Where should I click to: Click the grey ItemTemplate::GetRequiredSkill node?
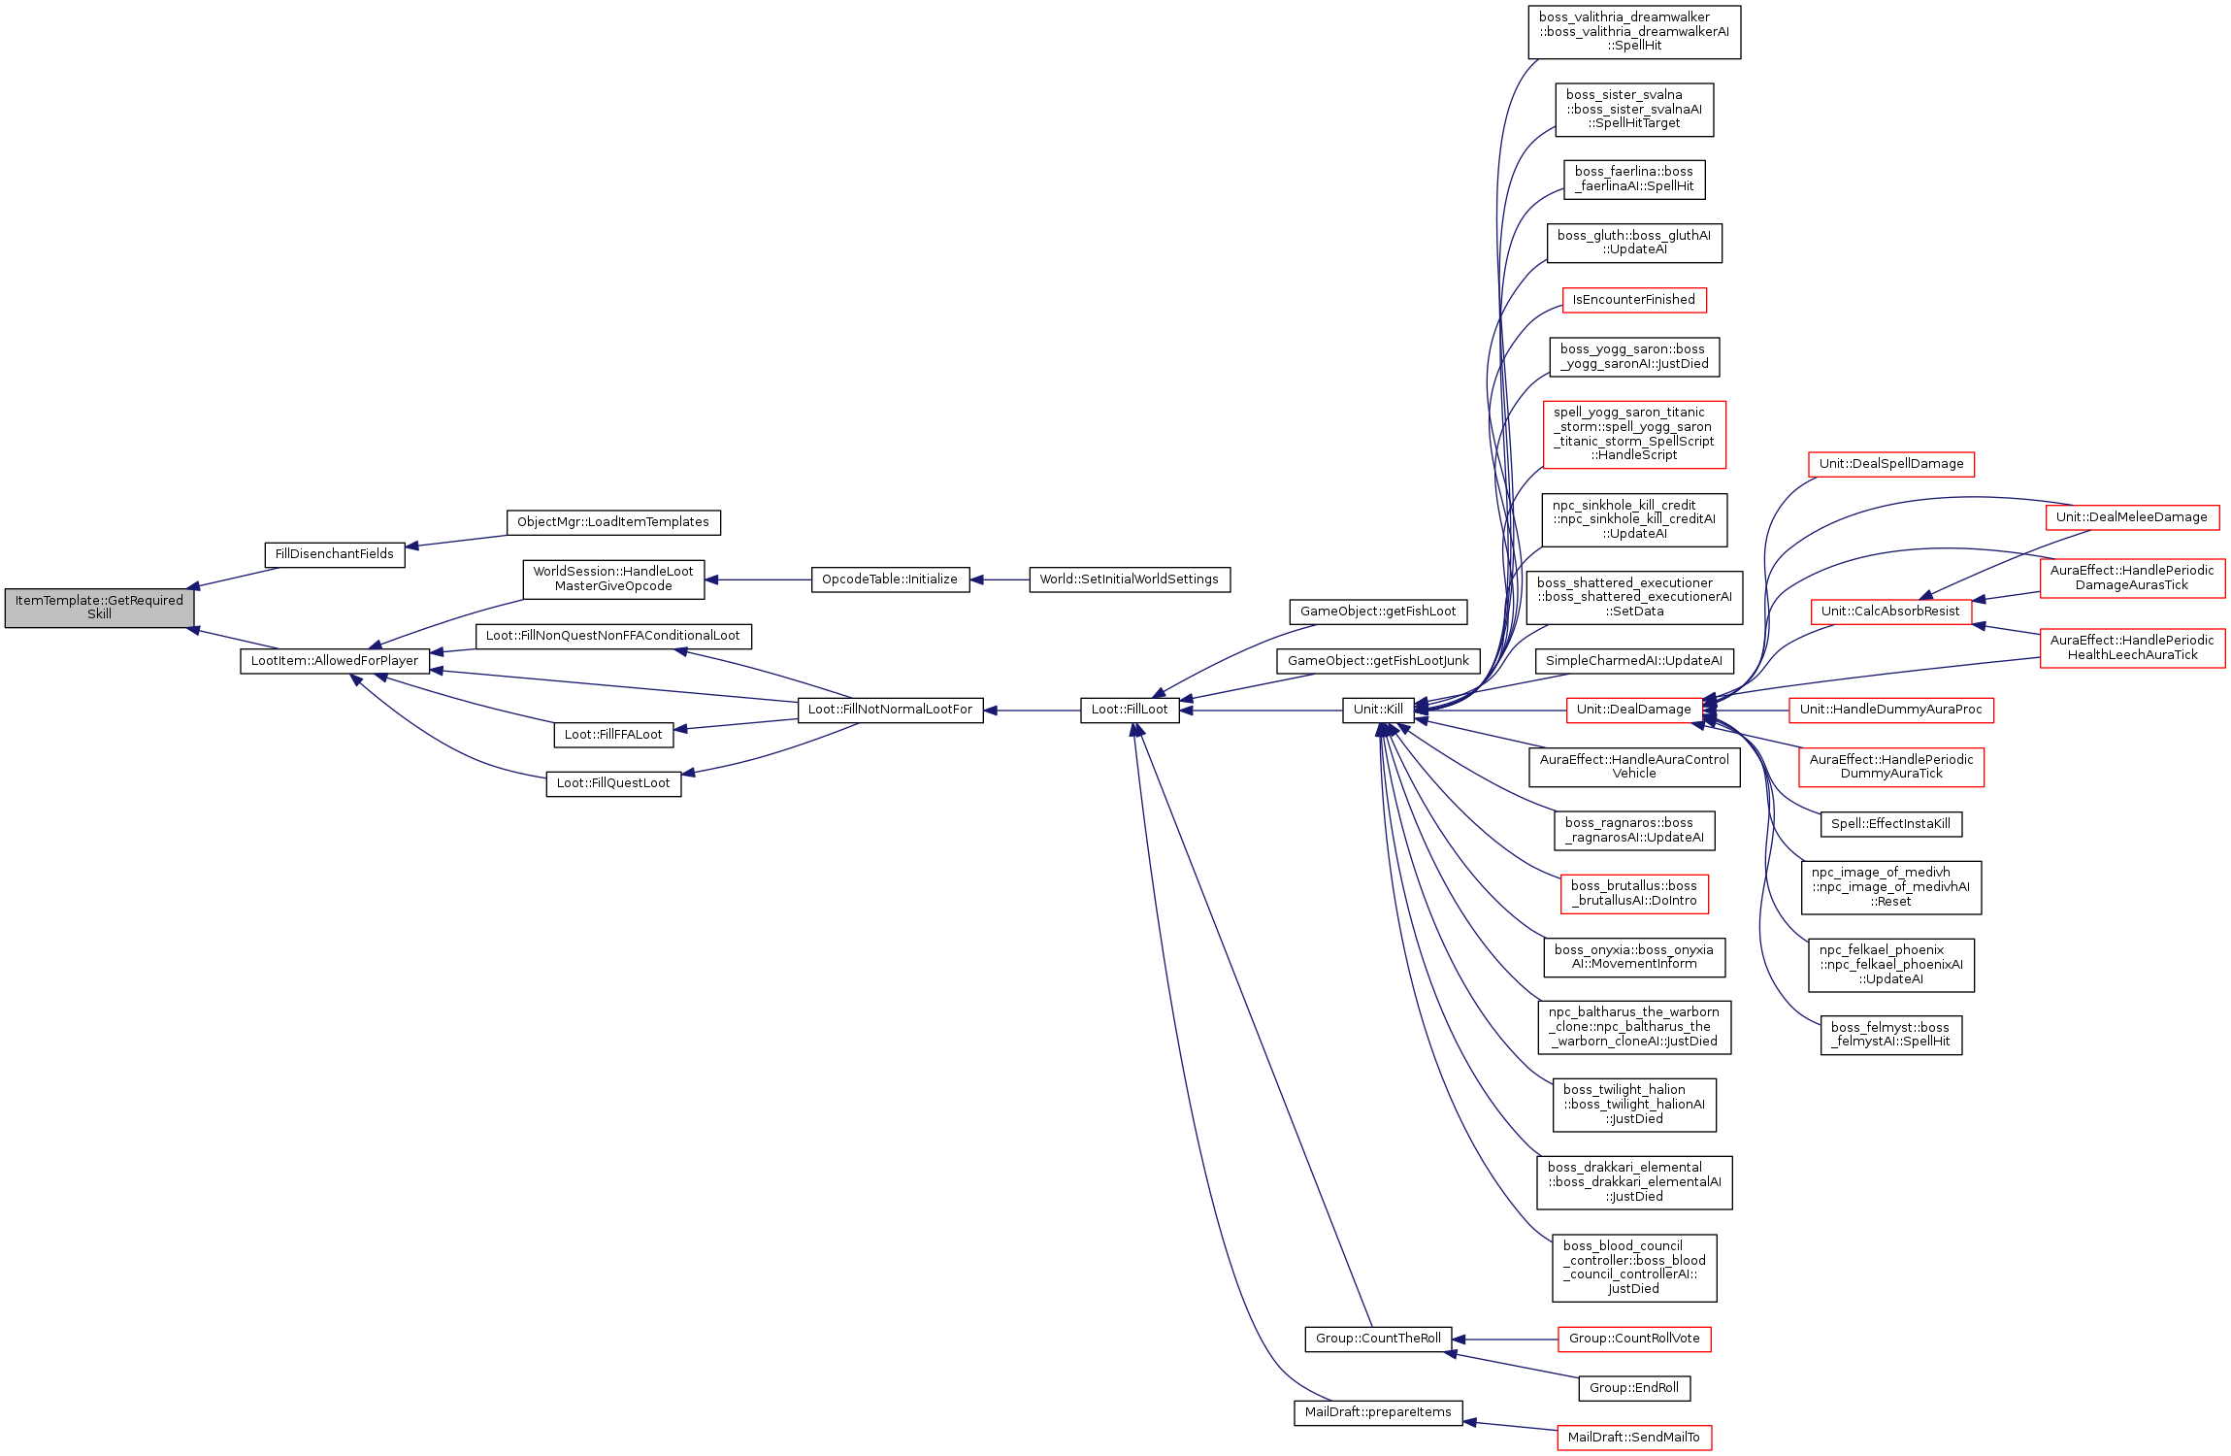99,608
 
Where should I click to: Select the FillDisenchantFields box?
335,554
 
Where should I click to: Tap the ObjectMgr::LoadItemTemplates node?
613,522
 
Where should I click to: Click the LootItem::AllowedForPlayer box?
335,661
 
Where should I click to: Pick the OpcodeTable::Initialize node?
890,579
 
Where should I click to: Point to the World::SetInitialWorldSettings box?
1130,579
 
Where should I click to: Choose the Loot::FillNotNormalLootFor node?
890,710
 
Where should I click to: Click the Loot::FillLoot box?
1130,710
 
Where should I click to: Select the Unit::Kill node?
1378,710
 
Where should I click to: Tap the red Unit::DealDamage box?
1634,710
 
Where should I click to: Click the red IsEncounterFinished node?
1634,300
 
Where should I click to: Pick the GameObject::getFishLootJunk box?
1378,661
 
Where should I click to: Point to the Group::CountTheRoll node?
1378,1339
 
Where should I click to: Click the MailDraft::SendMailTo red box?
1634,1438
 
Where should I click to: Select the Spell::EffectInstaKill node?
1891,824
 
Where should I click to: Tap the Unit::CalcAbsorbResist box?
1891,612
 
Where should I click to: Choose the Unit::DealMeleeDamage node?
2132,517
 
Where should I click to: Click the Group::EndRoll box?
1634,1388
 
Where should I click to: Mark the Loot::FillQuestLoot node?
613,783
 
